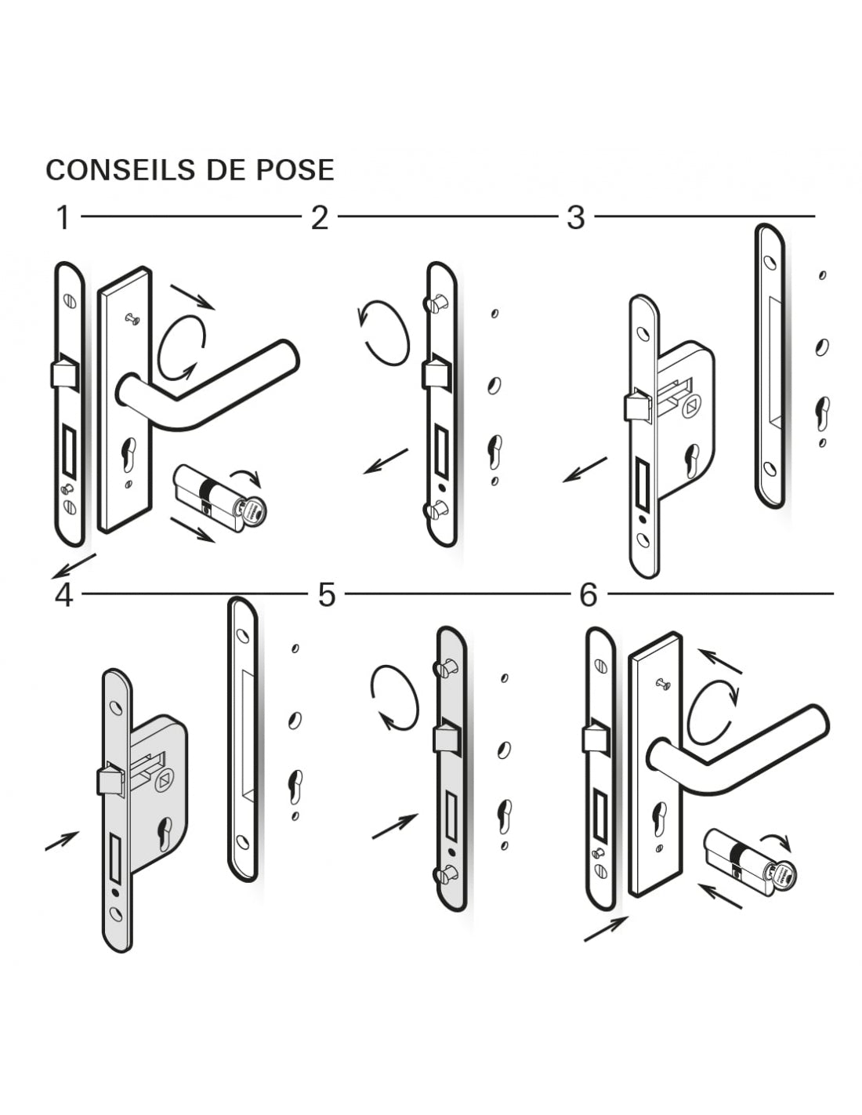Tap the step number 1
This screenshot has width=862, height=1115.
pyautogui.click(x=63, y=217)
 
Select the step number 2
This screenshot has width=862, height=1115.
pyautogui.click(x=319, y=217)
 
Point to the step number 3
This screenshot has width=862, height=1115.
pyautogui.click(x=576, y=217)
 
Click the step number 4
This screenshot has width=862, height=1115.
pyautogui.click(x=63, y=595)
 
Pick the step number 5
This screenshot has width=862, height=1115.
pyautogui.click(x=326, y=595)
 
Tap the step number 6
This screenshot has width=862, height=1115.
pyautogui.click(x=589, y=595)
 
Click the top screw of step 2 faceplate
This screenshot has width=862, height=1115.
pyautogui.click(x=436, y=303)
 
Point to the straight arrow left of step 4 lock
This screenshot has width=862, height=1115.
pyautogui.click(x=62, y=840)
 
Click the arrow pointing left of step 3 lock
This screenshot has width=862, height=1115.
pyautogui.click(x=585, y=470)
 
